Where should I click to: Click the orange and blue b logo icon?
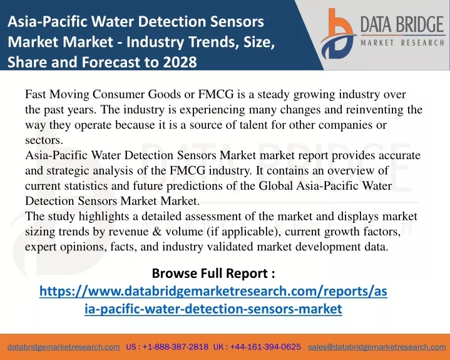[x=338, y=34]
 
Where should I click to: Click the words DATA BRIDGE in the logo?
[x=402, y=24]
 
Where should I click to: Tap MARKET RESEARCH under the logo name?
[x=402, y=43]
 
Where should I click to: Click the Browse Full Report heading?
[x=213, y=273]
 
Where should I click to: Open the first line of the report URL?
[x=213, y=291]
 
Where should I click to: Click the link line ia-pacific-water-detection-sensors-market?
[x=213, y=309]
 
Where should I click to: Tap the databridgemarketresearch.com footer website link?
[x=64, y=347]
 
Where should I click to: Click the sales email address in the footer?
[x=377, y=347]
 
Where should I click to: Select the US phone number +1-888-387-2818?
[x=175, y=347]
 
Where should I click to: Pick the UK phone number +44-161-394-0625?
[x=265, y=347]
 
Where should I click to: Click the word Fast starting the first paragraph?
[x=36, y=94]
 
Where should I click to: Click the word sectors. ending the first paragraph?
[x=44, y=140]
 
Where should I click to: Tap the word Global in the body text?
[x=276, y=185]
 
